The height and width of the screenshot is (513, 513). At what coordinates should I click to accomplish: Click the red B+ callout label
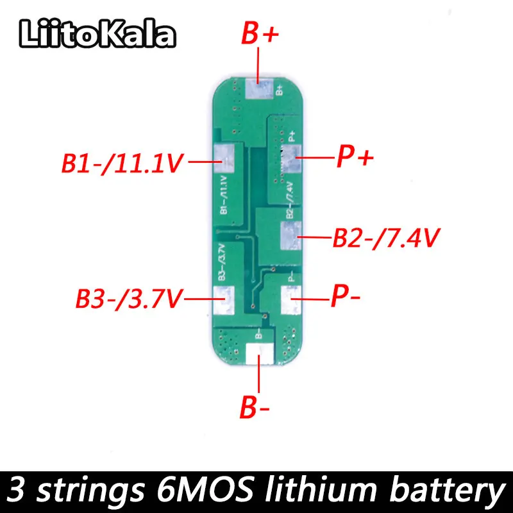[260, 33]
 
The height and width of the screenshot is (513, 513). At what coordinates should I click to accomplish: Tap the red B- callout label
[255, 407]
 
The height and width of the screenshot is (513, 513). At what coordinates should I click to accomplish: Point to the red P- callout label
[346, 296]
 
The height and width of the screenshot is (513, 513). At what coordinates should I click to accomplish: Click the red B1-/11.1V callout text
[122, 163]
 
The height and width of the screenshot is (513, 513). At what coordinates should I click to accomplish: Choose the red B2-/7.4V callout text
[386, 238]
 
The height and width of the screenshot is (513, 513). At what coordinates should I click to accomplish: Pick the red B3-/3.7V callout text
[129, 298]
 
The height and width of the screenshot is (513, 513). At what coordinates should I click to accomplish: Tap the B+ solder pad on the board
[259, 88]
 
